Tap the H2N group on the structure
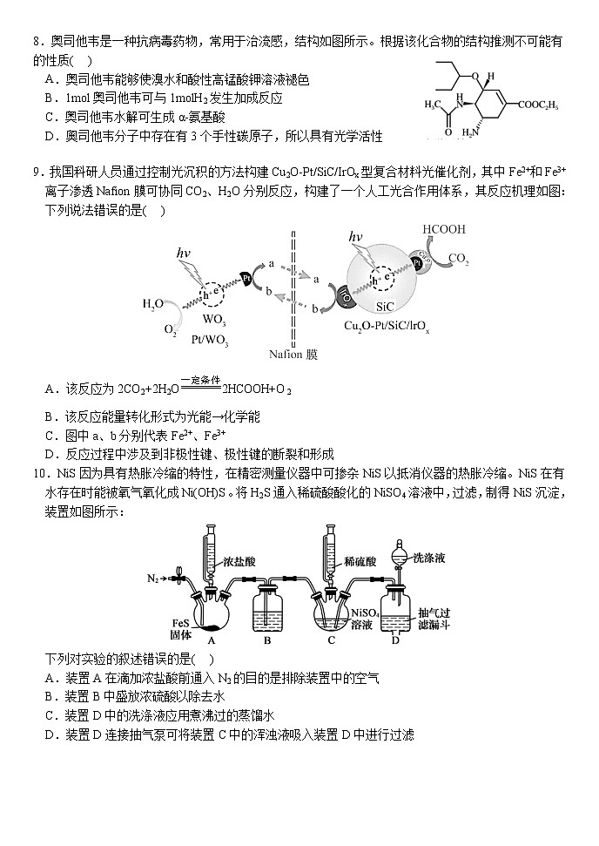tap(471, 134)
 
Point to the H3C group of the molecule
tap(434, 104)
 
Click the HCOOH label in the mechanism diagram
tap(445, 229)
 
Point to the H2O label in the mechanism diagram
tap(152, 303)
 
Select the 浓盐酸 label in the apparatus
tap(239, 562)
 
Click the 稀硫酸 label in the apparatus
tap(359, 562)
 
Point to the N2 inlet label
tap(153, 578)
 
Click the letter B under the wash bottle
tap(268, 641)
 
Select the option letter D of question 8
tap(50, 136)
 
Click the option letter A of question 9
tap(50, 388)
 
